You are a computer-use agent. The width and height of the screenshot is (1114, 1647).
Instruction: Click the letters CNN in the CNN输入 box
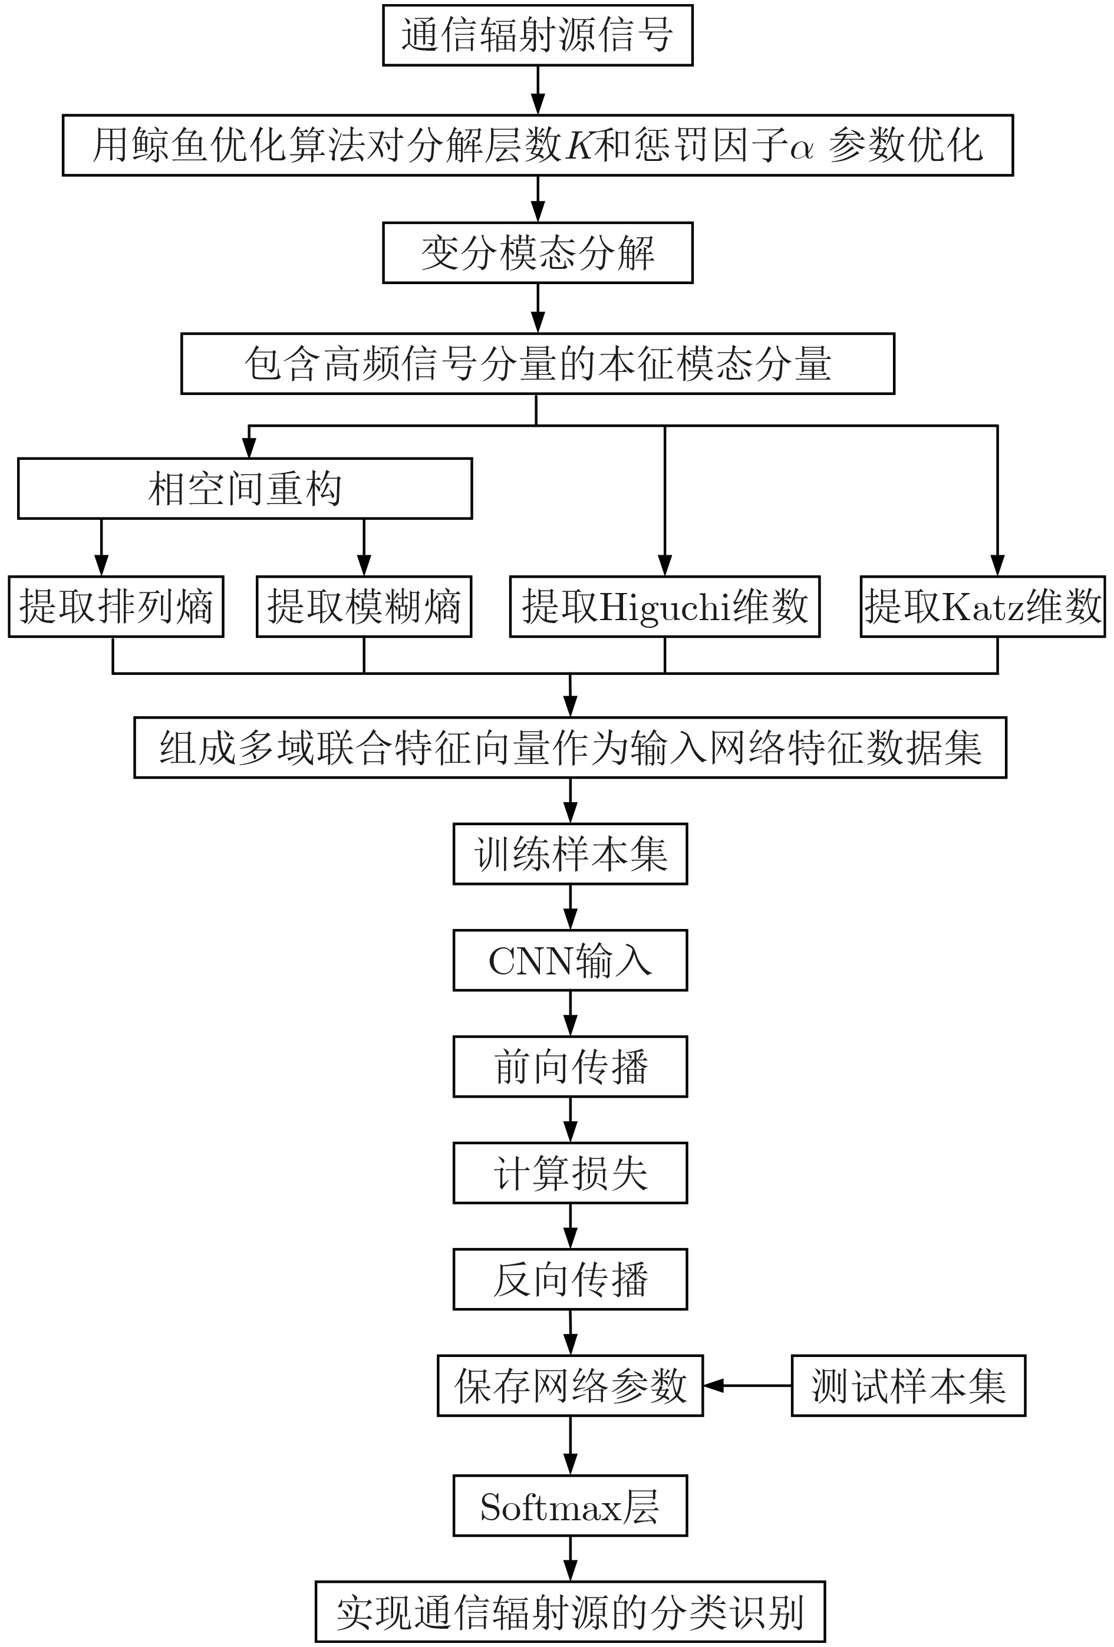(531, 961)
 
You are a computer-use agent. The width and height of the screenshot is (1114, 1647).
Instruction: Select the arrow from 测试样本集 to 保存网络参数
(747, 1385)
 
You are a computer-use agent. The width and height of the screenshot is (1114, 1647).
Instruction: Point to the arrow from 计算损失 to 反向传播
(571, 1226)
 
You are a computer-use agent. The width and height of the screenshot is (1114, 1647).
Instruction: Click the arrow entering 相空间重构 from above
(249, 442)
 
